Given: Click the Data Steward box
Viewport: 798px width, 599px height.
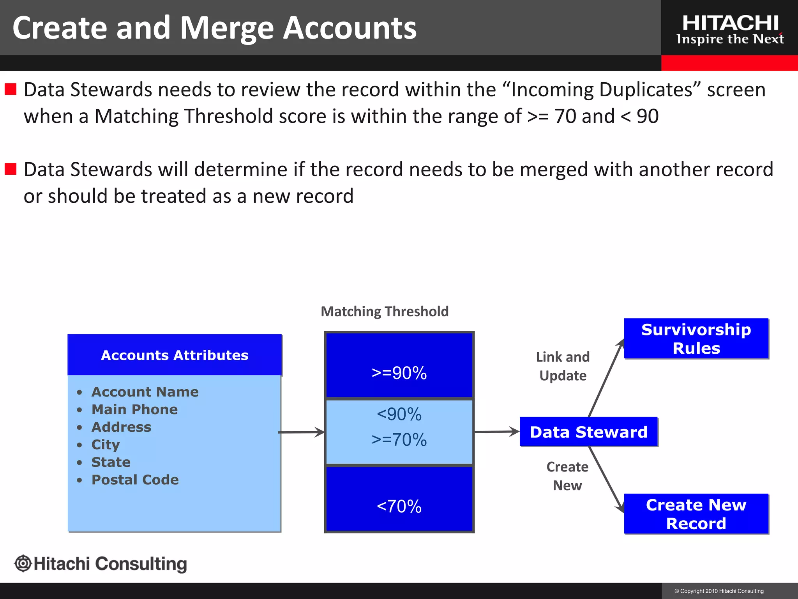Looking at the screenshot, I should (x=588, y=432).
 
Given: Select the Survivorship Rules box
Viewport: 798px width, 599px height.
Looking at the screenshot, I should (x=696, y=338).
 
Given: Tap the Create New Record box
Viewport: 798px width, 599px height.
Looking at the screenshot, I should (x=696, y=514).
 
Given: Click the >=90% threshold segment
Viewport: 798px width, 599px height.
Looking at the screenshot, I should (x=399, y=373).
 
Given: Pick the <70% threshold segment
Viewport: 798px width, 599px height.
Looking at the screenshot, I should (x=399, y=506).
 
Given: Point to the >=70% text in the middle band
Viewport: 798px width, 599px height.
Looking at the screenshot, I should (x=399, y=440).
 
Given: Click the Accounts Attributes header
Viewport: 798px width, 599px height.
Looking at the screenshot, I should (x=175, y=355).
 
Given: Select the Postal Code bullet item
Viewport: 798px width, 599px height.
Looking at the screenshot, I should (x=135, y=480).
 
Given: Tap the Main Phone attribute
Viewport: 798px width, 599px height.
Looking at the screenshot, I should (x=134, y=409).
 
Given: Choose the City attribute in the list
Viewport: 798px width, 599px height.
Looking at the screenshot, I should (x=106, y=445).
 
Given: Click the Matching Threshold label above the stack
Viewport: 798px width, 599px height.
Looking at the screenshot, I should (x=385, y=311).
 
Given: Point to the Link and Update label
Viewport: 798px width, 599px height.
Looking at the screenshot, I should (x=563, y=366).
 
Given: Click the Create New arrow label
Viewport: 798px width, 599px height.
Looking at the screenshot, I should (x=567, y=476).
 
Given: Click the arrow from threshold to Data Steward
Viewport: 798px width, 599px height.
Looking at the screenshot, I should (x=497, y=432).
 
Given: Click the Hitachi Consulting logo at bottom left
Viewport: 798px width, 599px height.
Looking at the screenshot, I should (x=101, y=564).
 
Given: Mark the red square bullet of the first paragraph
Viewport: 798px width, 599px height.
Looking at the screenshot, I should (x=11, y=89).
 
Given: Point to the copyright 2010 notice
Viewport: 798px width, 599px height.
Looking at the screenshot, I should (x=719, y=591).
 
